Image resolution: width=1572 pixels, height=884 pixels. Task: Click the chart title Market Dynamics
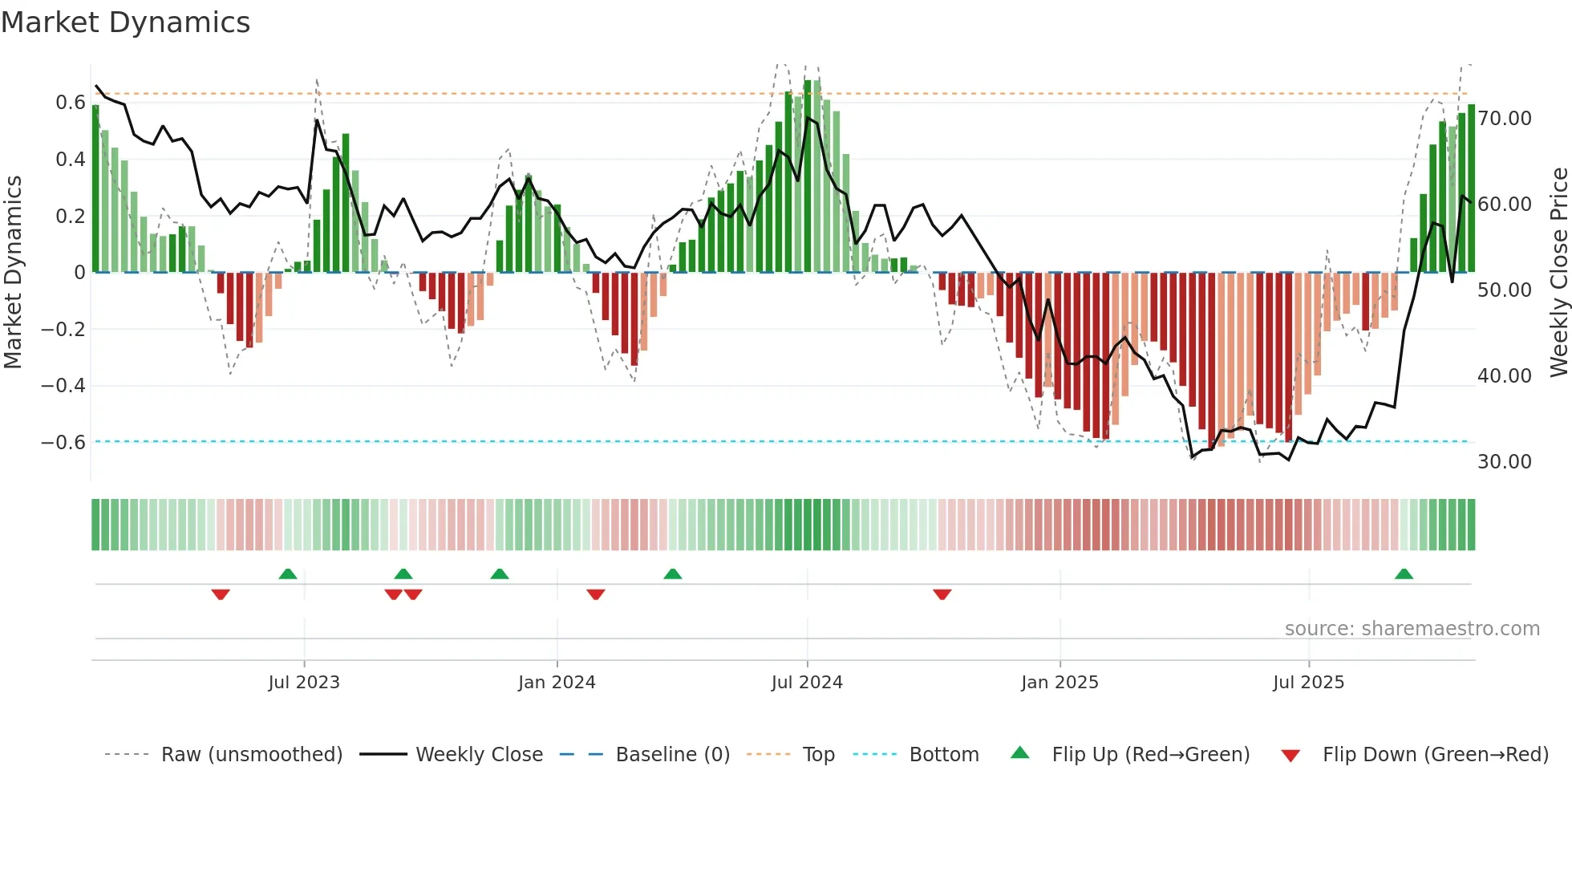(x=125, y=22)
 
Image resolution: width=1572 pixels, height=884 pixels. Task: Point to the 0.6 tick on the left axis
(x=71, y=103)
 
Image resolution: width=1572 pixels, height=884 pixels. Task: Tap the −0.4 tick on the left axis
(x=63, y=386)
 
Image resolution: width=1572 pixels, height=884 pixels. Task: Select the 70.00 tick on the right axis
(x=1504, y=119)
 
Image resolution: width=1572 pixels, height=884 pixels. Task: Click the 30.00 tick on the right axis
(x=1504, y=462)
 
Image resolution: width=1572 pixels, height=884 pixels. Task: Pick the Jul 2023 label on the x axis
(x=304, y=683)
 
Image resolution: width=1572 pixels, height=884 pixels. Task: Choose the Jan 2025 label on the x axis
(x=1059, y=683)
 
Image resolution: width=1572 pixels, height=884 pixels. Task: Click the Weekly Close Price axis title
(x=1558, y=273)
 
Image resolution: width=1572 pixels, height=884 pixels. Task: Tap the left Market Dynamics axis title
(x=13, y=273)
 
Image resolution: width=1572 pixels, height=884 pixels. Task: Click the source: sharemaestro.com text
(x=1412, y=629)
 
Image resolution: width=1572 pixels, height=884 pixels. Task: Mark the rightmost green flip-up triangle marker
(x=1404, y=574)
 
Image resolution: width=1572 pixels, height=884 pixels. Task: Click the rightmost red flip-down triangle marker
(x=942, y=594)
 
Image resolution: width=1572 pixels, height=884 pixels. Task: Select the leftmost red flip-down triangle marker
(x=221, y=594)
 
